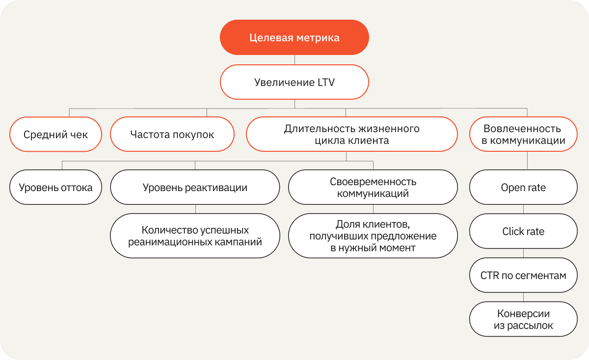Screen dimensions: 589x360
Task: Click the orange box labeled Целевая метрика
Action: (294, 37)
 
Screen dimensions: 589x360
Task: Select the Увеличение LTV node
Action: (294, 82)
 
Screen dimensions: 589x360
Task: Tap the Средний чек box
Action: (56, 134)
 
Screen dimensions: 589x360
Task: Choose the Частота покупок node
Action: (172, 134)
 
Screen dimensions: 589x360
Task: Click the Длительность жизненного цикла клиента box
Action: (352, 134)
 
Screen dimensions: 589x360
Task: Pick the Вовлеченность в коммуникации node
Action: (523, 134)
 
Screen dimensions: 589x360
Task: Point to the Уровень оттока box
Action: (56, 187)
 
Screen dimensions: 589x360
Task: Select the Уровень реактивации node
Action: (195, 187)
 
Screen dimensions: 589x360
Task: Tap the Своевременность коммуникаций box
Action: (373, 187)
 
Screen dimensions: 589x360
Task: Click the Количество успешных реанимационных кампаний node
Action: (195, 236)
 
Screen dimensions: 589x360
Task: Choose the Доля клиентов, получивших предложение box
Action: (373, 236)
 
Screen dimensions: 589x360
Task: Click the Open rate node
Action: (523, 187)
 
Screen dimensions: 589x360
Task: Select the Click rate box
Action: (523, 231)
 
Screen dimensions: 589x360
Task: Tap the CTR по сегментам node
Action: (523, 275)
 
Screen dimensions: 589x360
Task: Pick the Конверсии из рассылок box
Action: (523, 319)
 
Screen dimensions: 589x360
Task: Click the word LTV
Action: (326, 83)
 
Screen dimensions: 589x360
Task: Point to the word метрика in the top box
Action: (318, 38)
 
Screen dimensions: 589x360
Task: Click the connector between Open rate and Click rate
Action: (523, 209)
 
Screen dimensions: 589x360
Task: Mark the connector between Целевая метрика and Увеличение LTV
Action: (294, 60)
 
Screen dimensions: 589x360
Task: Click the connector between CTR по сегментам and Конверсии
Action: (523, 297)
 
